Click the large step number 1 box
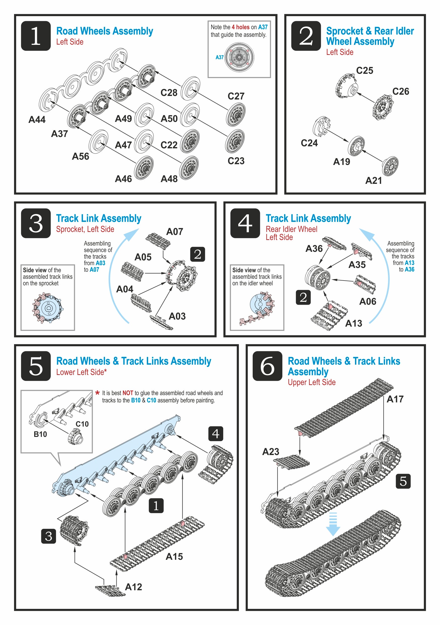[x=36, y=36]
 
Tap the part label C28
[x=168, y=93]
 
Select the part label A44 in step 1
[x=37, y=120]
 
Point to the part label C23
[x=236, y=161]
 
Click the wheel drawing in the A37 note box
[x=239, y=57]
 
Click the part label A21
[x=373, y=181]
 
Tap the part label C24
[x=309, y=143]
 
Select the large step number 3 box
[x=36, y=223]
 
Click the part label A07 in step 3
[x=174, y=232]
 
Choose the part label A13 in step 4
[x=353, y=323]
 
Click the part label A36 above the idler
[x=314, y=249]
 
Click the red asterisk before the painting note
[x=98, y=393]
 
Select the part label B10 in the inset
[x=40, y=434]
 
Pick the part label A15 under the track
[x=174, y=557]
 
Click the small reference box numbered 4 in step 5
[x=215, y=434]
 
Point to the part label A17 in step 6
[x=395, y=399]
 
